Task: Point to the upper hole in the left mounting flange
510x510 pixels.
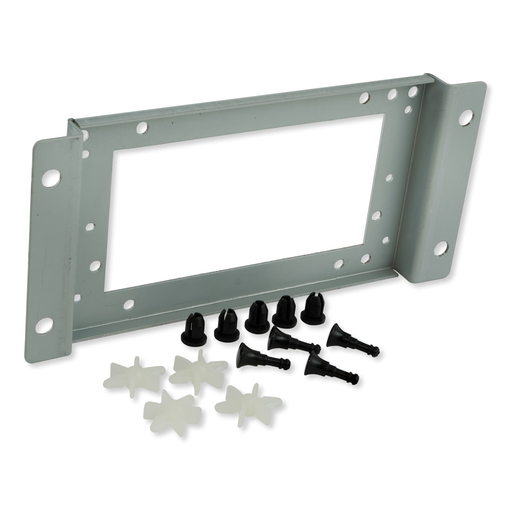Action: tap(53, 178)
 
